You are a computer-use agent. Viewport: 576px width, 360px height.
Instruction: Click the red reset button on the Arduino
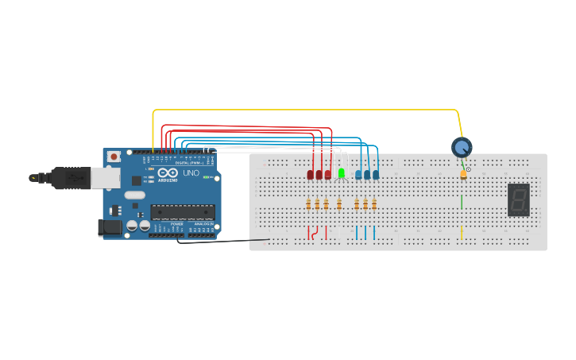[114, 157]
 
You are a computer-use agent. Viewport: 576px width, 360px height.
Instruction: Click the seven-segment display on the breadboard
[518, 199]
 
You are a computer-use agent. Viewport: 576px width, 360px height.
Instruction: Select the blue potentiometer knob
[462, 147]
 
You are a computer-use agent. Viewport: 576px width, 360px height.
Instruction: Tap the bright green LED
[342, 172]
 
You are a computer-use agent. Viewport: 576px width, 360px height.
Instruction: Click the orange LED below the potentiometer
[463, 174]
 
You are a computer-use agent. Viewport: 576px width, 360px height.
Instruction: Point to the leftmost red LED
[310, 174]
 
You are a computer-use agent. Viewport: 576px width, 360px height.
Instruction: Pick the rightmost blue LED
[376, 174]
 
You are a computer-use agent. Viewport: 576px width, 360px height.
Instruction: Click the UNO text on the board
[191, 172]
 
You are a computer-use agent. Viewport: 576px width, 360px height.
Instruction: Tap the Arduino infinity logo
[168, 172]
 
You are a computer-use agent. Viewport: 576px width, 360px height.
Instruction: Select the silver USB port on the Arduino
[105, 177]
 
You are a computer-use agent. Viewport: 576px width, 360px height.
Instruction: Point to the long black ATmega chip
[183, 212]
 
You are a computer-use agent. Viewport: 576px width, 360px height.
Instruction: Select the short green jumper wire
[462, 202]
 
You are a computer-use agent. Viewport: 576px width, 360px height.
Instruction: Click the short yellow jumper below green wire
[462, 231]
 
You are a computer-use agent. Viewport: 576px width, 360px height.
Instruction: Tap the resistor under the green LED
[339, 204]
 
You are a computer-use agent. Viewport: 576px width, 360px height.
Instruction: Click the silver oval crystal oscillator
[135, 195]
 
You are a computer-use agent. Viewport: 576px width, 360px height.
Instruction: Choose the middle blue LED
[367, 174]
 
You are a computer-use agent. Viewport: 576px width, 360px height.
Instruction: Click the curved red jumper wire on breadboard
[316, 233]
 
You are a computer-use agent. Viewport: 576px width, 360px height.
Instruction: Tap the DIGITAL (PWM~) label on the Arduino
[188, 162]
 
